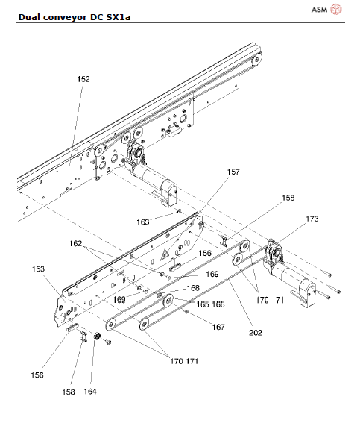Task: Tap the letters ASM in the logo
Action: click(318, 10)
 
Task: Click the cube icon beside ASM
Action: click(335, 10)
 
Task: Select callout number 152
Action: click(83, 78)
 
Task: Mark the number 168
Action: click(192, 287)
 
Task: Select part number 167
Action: click(218, 327)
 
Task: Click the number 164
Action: click(89, 391)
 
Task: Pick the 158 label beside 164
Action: click(69, 391)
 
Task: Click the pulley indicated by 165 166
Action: click(168, 301)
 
